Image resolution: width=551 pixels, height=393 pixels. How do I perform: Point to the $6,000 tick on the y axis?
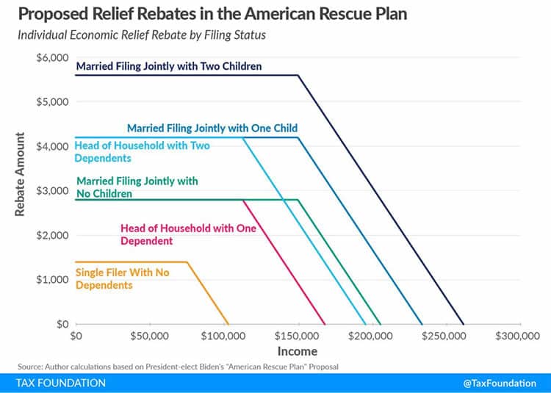point(52,57)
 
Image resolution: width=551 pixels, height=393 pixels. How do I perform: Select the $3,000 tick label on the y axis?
point(52,191)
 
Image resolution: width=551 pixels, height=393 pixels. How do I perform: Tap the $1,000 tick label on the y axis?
point(52,280)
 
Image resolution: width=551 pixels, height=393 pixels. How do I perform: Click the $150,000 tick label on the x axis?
point(298,337)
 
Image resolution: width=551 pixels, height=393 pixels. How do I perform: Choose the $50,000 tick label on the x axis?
point(150,337)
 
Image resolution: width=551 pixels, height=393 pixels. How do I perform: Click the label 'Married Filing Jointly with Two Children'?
point(169,67)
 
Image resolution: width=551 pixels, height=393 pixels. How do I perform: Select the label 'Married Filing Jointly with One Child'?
point(212,128)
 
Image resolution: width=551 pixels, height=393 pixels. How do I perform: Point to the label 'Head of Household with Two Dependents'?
point(143,151)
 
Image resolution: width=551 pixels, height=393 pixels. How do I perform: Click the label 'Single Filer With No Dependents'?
point(122,278)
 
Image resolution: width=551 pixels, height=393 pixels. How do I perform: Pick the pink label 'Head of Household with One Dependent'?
point(188,234)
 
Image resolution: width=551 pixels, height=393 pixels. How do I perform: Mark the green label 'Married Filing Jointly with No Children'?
point(137,187)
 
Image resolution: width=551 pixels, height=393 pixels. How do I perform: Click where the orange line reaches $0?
point(228,324)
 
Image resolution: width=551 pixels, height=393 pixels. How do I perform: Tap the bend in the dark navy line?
point(298,75)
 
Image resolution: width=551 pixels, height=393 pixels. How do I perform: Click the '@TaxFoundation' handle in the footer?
point(500,383)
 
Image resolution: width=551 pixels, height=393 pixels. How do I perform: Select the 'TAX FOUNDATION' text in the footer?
point(61,383)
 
